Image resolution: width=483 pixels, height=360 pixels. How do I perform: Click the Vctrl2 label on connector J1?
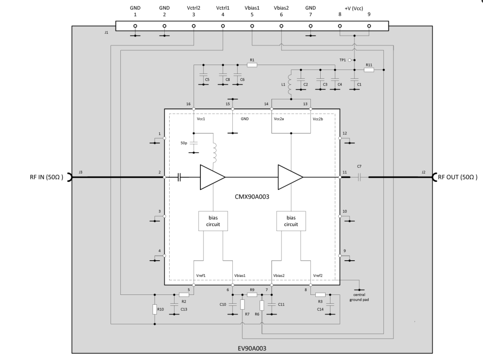click(x=194, y=8)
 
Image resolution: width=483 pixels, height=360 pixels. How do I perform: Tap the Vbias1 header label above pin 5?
click(x=252, y=8)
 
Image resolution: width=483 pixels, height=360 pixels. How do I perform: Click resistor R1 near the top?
click(x=252, y=65)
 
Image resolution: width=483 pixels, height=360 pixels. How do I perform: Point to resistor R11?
click(x=369, y=70)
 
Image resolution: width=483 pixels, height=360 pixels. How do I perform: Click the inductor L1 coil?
click(x=290, y=84)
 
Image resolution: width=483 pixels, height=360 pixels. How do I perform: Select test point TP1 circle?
click(x=350, y=60)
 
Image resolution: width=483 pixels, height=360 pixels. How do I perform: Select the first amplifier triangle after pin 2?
click(x=212, y=177)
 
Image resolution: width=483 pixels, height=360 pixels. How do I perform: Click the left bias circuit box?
click(x=213, y=221)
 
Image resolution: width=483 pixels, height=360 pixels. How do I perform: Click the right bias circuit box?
click(x=291, y=221)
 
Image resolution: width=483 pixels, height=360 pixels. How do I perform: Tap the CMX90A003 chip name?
click(x=252, y=197)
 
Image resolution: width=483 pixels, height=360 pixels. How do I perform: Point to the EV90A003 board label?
click(x=252, y=348)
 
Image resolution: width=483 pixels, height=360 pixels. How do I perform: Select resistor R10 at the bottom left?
click(x=154, y=309)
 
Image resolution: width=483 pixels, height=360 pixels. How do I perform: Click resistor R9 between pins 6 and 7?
click(x=252, y=294)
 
